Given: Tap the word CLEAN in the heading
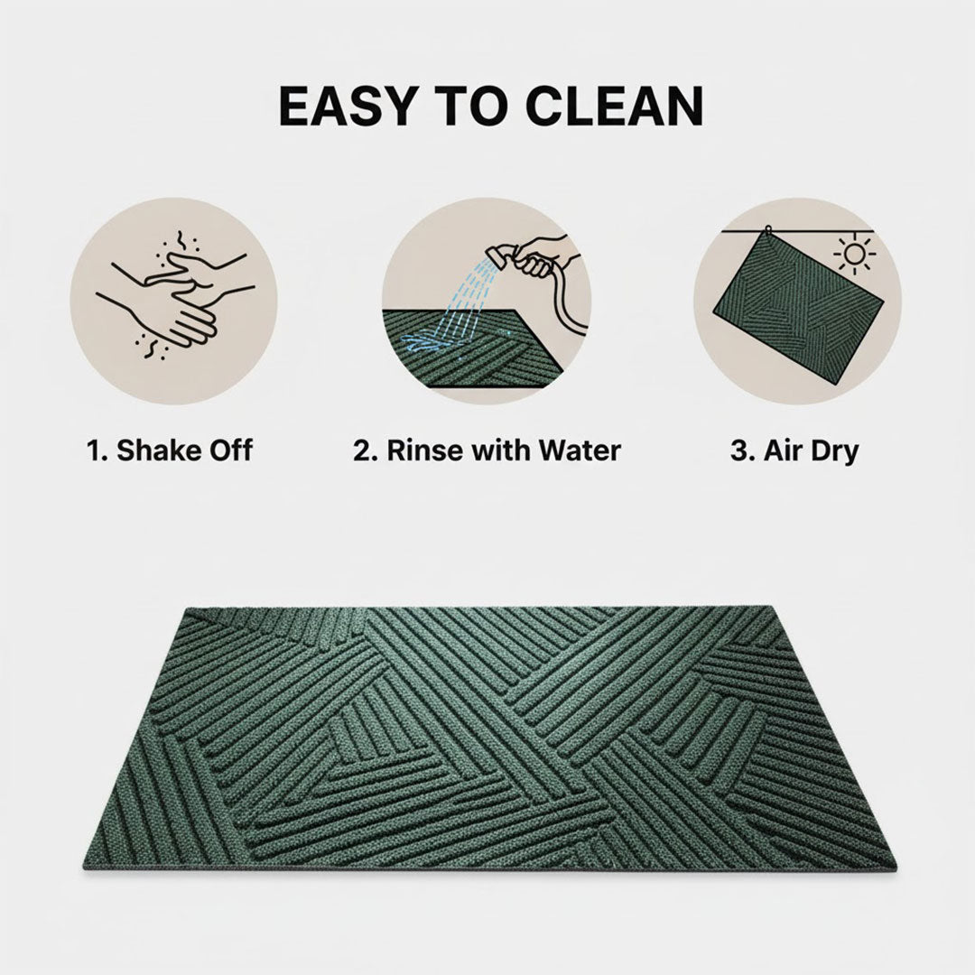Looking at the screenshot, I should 614,107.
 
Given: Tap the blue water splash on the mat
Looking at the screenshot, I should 421,341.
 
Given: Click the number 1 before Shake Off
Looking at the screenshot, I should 92,450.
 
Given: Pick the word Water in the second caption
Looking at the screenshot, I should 578,450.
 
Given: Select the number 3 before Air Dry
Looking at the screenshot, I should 737,450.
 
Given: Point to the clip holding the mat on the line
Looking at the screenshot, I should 766,230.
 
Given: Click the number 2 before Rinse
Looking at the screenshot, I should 360,450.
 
